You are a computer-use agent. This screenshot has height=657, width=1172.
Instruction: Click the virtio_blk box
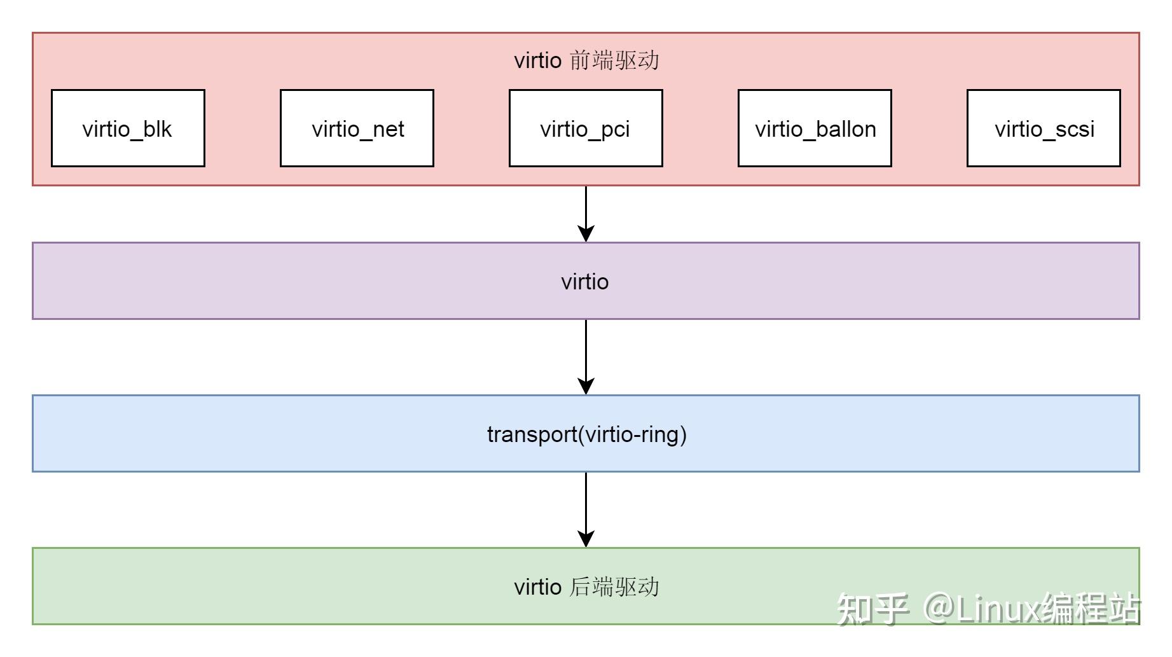(128, 128)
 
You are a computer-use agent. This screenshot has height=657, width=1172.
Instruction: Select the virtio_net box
(357, 128)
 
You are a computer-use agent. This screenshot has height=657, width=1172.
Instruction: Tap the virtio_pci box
(586, 128)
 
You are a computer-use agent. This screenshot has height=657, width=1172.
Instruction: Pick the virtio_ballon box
(815, 128)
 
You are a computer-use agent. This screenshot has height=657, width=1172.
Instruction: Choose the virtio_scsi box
(1044, 128)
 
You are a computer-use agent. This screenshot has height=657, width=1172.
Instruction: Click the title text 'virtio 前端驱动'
(586, 60)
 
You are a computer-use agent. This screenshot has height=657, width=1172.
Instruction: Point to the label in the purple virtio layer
(585, 281)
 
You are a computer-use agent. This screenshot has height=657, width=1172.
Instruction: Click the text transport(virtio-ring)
(586, 434)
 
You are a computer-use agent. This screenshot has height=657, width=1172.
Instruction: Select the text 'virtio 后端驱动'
(586, 586)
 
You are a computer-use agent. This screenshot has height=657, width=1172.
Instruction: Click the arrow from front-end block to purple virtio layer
(586, 210)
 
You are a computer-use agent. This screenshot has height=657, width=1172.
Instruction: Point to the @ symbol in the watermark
(937, 608)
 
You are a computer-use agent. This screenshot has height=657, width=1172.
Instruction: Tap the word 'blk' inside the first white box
(157, 129)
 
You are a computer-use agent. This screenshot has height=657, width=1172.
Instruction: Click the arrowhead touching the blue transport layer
(586, 385)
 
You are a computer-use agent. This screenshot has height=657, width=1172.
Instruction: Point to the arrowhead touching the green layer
(586, 538)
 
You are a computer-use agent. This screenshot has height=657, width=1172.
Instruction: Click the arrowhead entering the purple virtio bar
(586, 233)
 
